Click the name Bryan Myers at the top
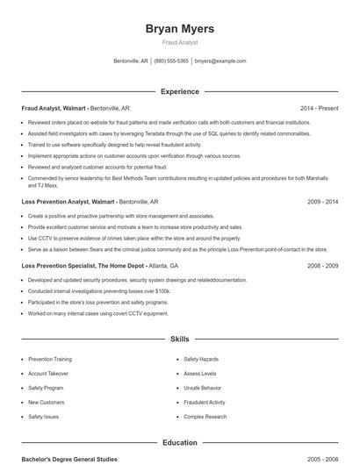point(179,29)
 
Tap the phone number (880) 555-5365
point(171,61)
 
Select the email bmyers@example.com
point(220,61)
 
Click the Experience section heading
point(179,91)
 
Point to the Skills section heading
point(179,338)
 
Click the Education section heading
point(179,443)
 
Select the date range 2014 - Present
point(319,108)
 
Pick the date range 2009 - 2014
point(322,201)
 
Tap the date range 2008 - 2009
point(322,265)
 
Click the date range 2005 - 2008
point(322,459)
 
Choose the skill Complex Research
point(205,417)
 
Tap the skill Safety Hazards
point(201,359)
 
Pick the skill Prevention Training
point(50,359)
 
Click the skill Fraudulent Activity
point(205,402)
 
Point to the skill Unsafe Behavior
point(203,388)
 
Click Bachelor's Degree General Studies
point(68,459)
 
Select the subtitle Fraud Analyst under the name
point(179,43)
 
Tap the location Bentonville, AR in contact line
point(132,61)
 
